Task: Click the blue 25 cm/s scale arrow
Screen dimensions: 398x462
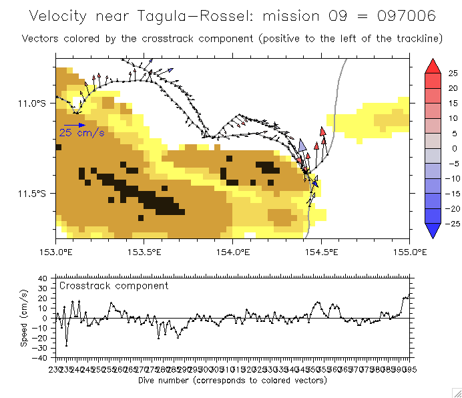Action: click(x=74, y=125)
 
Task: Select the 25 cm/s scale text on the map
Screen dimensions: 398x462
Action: click(x=81, y=133)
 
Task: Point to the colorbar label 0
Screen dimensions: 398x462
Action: click(x=453, y=148)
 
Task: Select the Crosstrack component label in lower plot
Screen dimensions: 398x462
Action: click(x=113, y=286)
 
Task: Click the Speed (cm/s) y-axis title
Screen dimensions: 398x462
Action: click(x=24, y=317)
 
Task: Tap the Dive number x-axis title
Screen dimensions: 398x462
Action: click(x=232, y=380)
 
